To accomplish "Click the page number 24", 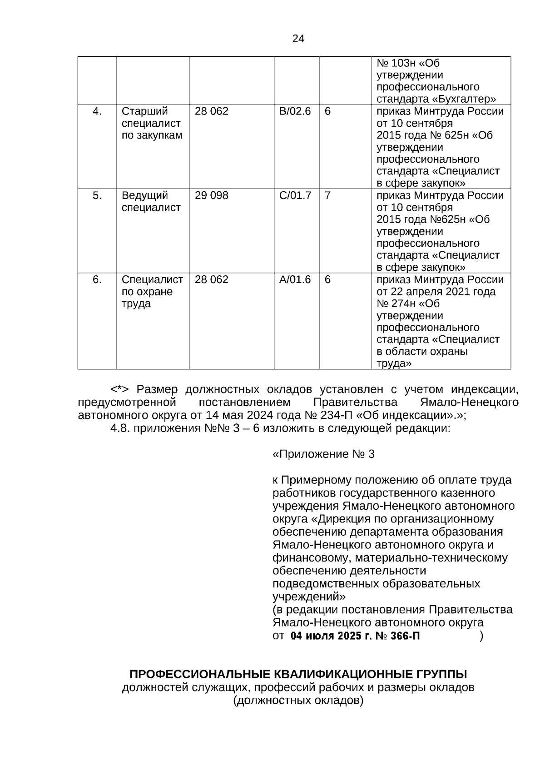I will [x=298, y=39].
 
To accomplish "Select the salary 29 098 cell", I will [x=211, y=196].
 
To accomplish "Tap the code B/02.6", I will [x=295, y=111].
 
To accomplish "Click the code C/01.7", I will [x=295, y=196].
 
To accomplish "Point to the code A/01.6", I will [x=295, y=280].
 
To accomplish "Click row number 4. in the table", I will [x=97, y=111].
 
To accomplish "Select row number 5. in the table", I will [x=97, y=196].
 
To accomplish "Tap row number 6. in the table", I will [x=97, y=280].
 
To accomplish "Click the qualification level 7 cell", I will [x=327, y=196].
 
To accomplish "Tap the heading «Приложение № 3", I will [x=323, y=454].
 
